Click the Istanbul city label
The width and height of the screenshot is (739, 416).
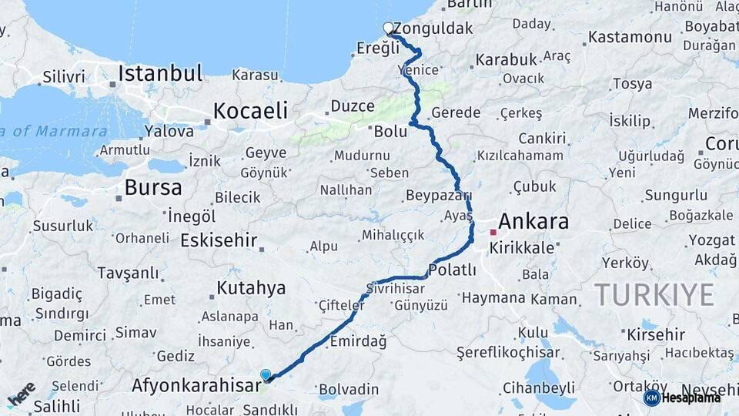point(160,74)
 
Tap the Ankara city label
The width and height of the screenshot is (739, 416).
point(533,223)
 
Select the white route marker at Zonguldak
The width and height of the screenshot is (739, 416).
point(389,29)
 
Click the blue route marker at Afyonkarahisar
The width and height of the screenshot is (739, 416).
point(266,375)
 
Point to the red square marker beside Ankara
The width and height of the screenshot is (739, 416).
point(493,231)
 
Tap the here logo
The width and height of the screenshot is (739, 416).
point(22,394)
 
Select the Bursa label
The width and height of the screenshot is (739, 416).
point(153,187)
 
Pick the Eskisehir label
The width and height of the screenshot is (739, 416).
point(219,240)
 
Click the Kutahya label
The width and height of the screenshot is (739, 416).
point(251,288)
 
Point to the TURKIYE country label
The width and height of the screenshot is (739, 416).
point(654,294)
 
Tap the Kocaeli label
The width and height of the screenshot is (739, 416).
point(250,110)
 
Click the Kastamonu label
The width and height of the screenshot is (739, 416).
point(630,36)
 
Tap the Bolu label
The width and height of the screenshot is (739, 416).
point(390,131)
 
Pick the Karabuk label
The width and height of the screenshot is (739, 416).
point(505,59)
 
